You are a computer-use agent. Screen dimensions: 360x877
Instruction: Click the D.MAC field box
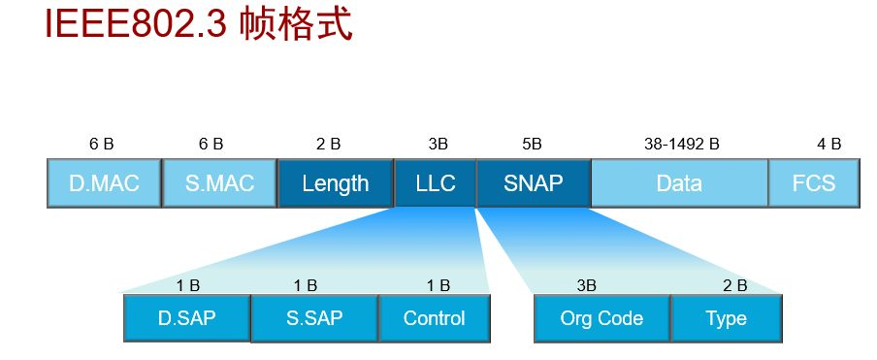point(103,182)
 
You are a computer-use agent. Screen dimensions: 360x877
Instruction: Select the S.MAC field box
point(218,182)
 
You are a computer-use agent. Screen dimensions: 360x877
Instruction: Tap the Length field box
point(336,182)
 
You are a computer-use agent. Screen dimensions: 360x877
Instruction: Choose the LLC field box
point(435,182)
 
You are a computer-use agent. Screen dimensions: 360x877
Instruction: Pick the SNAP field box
point(534,182)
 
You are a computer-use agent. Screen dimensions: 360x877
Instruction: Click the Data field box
point(679,182)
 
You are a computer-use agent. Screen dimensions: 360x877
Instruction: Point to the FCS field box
point(814,182)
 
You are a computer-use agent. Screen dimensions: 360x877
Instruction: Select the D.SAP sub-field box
point(186,317)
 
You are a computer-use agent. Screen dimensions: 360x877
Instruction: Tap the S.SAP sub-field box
point(313,317)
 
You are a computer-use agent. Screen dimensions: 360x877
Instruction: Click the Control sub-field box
point(434,317)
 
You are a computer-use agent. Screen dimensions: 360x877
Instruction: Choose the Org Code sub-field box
point(601,317)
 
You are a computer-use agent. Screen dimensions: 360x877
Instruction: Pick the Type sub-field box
point(726,317)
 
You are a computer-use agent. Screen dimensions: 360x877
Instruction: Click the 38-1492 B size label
point(681,144)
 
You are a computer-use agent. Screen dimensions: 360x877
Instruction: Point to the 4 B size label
point(828,144)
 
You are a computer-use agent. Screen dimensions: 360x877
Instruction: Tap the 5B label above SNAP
point(532,144)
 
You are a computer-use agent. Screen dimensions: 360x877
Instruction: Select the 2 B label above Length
point(328,144)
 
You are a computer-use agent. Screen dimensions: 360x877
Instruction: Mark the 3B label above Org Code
point(586,284)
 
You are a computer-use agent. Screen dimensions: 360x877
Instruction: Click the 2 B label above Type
point(734,284)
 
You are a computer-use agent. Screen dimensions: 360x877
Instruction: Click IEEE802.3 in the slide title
point(137,24)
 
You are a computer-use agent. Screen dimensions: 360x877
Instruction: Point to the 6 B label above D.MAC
point(101,144)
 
